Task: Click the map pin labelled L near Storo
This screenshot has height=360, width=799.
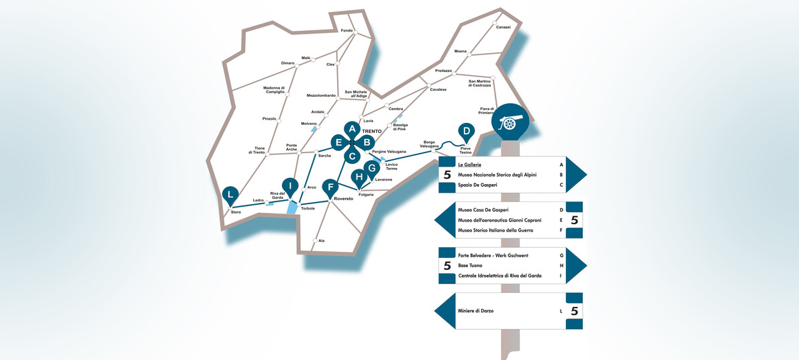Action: [230, 195]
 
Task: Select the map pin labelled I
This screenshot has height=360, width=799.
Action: [290, 186]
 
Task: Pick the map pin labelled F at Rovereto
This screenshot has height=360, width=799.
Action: [329, 188]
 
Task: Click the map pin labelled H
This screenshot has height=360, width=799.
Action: [359, 178]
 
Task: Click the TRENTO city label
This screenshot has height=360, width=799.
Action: [371, 130]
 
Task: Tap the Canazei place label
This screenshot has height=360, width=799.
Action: [503, 27]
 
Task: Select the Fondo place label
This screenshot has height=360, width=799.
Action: [346, 30]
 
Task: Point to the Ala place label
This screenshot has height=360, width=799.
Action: [322, 240]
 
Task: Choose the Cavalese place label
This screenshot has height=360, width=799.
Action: [438, 89]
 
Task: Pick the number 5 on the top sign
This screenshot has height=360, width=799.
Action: [447, 175]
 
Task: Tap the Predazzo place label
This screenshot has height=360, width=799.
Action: [443, 71]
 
